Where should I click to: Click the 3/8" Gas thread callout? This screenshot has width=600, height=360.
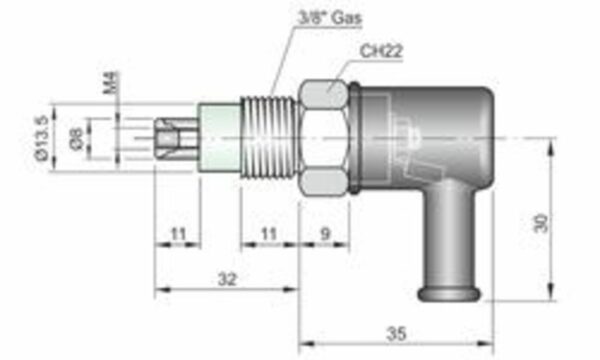click(x=329, y=18)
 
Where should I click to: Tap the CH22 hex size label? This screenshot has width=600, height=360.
click(x=381, y=51)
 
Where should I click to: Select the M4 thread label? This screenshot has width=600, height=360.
click(x=112, y=82)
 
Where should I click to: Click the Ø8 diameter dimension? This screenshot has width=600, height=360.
click(x=77, y=139)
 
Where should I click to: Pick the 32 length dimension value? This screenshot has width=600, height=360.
click(x=227, y=279)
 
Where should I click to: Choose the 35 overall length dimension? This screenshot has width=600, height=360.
click(x=396, y=334)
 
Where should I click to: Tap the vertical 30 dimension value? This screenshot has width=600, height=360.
click(x=541, y=223)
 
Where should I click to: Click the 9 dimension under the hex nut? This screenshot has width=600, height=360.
click(x=325, y=233)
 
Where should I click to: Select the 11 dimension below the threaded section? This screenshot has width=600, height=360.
click(x=268, y=233)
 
